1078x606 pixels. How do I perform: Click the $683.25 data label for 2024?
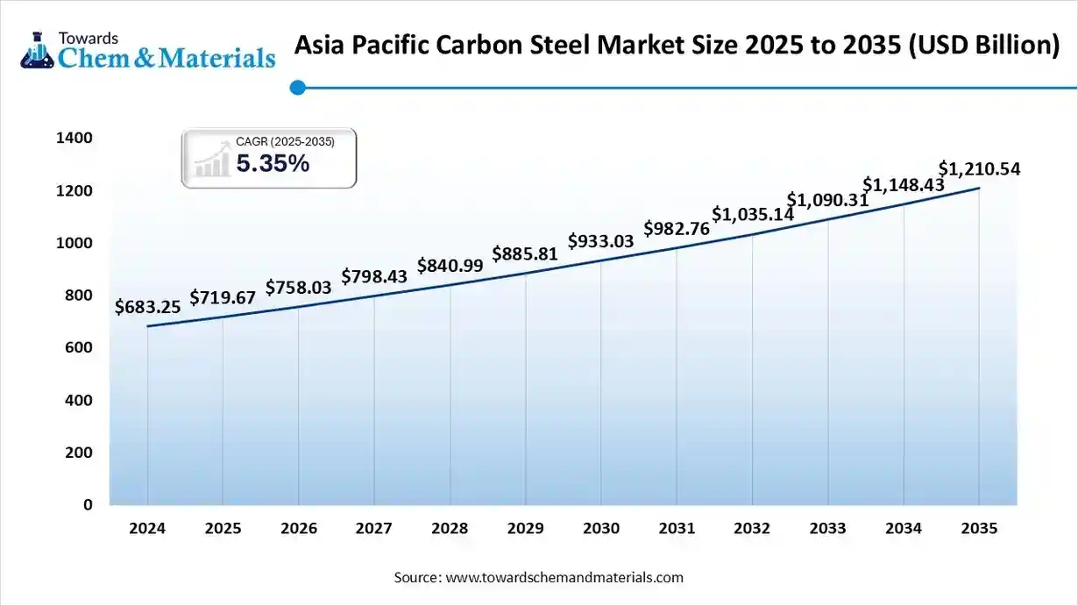147,307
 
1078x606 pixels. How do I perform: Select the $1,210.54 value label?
979,168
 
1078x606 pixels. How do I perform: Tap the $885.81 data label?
525,254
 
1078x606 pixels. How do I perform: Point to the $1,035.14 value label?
752,214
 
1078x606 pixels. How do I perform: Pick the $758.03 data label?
298,288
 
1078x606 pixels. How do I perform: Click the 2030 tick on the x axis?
600,529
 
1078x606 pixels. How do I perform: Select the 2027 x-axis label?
373,529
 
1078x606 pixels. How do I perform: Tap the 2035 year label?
979,529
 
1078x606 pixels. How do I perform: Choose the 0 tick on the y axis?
88,505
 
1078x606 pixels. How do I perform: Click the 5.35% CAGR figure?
273,163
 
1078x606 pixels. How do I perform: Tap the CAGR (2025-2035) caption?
285,141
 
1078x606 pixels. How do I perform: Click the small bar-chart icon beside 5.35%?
212,163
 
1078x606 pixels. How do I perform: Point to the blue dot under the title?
297,87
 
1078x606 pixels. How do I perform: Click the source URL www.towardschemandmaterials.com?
564,577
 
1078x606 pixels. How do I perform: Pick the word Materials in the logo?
216,58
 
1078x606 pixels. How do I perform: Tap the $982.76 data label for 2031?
677,229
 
